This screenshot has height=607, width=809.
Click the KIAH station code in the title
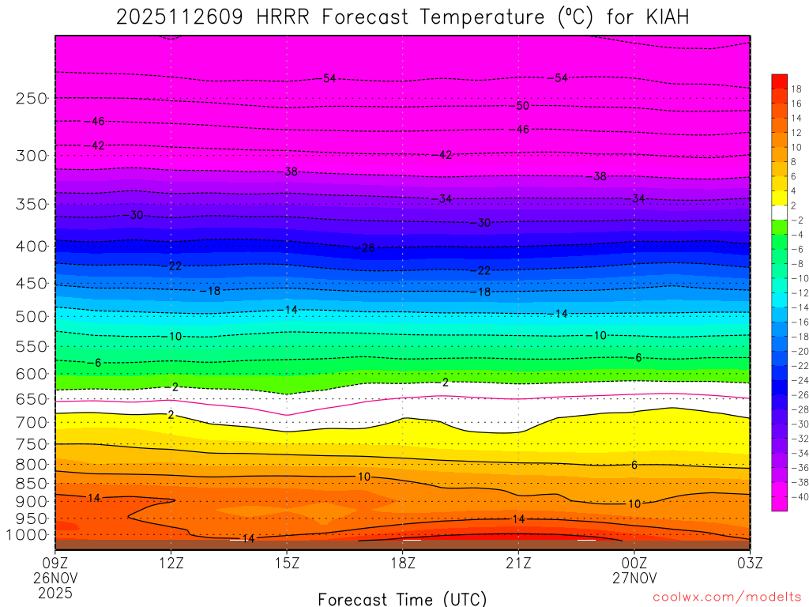tap(661, 18)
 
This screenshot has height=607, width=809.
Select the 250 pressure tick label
tap(32, 99)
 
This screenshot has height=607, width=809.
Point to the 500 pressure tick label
tap(32, 317)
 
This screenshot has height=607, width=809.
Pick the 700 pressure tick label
tap(32, 423)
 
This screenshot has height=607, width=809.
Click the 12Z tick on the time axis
tap(171, 563)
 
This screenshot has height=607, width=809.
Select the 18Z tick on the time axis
tap(402, 563)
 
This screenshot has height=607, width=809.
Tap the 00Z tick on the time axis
tap(634, 563)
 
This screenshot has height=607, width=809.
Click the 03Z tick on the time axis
tap(749, 563)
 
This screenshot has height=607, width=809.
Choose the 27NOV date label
tap(634, 578)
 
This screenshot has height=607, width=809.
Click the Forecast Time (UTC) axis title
tap(402, 599)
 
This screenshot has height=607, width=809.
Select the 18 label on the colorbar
tap(796, 88)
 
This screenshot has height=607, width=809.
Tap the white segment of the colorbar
tap(779, 212)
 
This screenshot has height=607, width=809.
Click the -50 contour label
tap(521, 106)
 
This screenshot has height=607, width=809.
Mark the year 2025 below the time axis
tap(55, 593)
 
